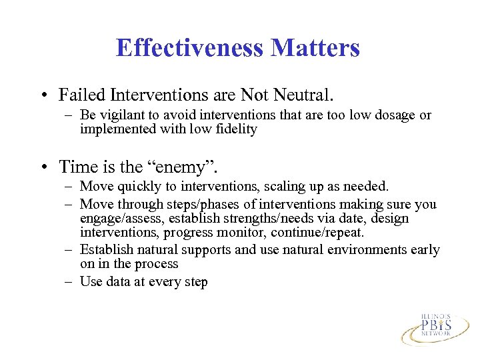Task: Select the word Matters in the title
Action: pyautogui.click(x=315, y=48)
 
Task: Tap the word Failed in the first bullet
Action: pyautogui.click(x=79, y=95)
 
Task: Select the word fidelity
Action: pyautogui.click(x=235, y=129)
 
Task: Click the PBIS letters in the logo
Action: pyautogui.click(x=435, y=326)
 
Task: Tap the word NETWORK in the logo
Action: pyautogui.click(x=435, y=338)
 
